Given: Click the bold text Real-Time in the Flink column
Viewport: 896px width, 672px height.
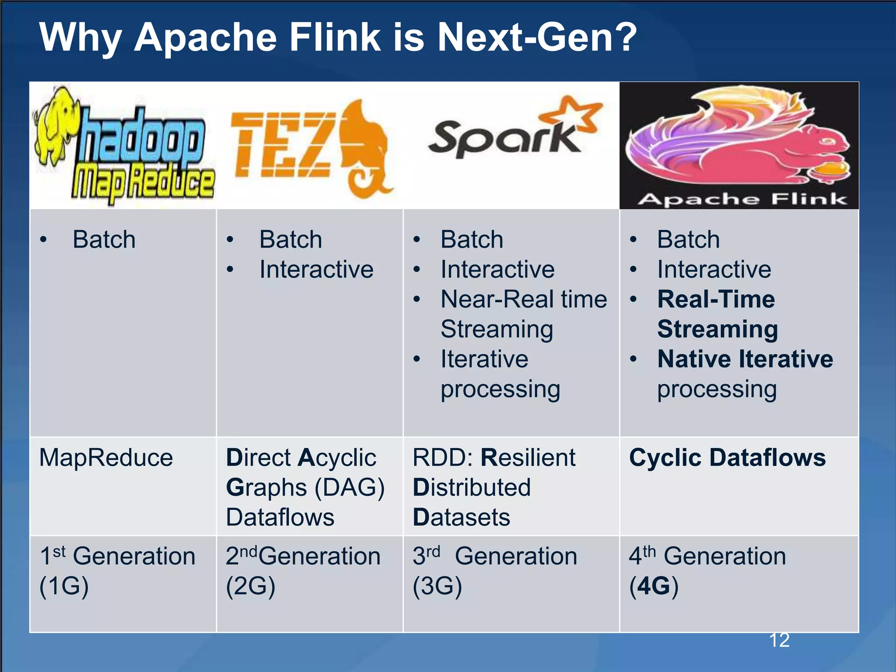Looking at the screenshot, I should click(716, 300).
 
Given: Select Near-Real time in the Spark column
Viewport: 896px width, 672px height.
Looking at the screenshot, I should click(523, 300).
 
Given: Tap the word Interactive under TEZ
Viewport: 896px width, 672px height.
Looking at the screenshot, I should click(316, 269).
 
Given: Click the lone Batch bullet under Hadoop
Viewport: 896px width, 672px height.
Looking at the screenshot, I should click(104, 240).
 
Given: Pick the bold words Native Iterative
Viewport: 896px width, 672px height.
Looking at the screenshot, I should click(745, 359).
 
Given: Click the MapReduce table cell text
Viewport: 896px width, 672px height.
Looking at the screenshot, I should click(106, 458).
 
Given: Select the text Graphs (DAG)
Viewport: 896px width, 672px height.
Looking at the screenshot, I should click(305, 488).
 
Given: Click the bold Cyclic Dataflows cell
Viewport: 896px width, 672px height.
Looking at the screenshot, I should click(727, 458).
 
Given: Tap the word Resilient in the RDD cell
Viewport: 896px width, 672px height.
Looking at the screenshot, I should click(528, 458).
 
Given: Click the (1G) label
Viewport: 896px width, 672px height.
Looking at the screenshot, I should click(64, 586).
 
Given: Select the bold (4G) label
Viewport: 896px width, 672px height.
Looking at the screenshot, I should click(654, 586).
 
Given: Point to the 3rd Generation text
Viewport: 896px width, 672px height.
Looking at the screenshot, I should click(494, 556).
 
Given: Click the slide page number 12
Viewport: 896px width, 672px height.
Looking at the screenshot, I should click(779, 640).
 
